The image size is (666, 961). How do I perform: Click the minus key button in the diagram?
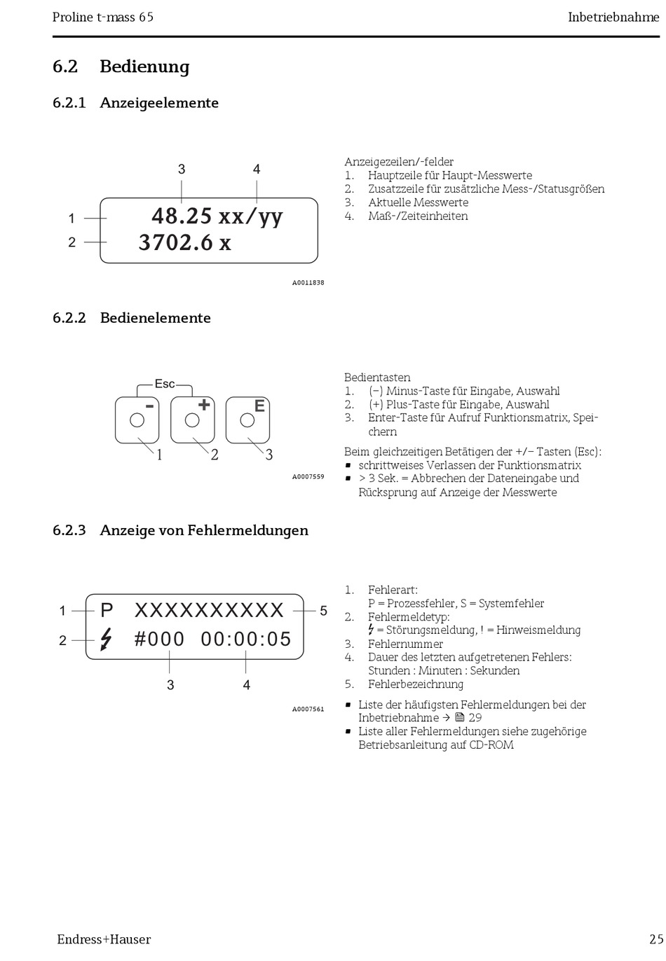coord(137,420)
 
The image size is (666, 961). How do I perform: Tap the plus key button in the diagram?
coord(192,420)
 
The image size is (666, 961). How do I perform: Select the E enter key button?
coord(247,420)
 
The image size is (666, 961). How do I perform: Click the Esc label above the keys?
coord(165,384)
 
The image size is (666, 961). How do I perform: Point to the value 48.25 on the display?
coord(182,216)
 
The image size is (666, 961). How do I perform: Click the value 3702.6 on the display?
coord(175,242)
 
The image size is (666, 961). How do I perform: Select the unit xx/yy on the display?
coord(250,216)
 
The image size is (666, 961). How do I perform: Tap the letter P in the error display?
coord(107,611)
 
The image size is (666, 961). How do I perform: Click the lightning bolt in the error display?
coord(106,639)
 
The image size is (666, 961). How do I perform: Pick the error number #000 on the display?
coord(159,639)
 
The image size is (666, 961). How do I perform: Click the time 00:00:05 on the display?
coord(246,639)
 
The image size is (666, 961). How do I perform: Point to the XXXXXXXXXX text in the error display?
coord(209,611)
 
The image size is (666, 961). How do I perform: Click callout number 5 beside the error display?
coord(323,611)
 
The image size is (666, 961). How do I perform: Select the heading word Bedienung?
coord(144,67)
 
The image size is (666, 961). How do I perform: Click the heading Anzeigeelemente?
coord(159,103)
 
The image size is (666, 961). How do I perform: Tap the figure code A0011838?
coord(308,283)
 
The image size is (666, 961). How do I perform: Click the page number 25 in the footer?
coord(655,939)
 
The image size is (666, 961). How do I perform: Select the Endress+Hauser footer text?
coord(104,939)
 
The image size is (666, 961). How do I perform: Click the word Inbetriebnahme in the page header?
coord(613,17)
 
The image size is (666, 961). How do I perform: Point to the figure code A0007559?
coord(308,477)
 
